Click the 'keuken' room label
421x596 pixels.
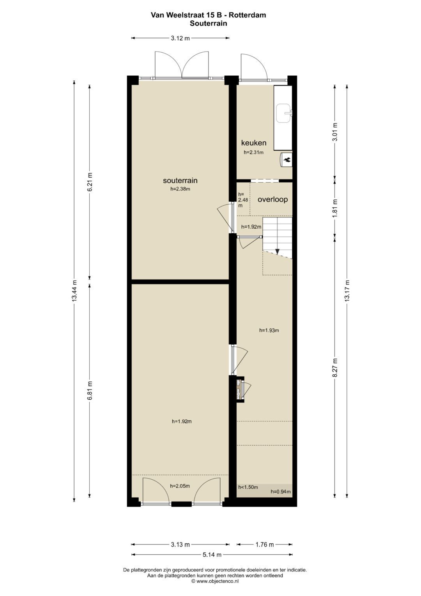click(x=253, y=143)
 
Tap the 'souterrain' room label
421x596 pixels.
click(x=180, y=180)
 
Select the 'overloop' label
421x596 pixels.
click(x=272, y=199)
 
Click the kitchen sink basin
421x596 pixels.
click(x=283, y=113)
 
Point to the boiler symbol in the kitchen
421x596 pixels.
click(x=287, y=159)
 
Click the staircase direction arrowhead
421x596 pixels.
click(x=277, y=252)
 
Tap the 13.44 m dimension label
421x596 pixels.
click(x=74, y=291)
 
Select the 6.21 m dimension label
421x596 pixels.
click(x=90, y=181)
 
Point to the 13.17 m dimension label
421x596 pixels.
click(x=347, y=291)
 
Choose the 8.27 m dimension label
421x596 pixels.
click(x=334, y=367)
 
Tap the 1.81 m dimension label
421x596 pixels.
click(x=334, y=208)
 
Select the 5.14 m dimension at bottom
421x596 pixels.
click(x=212, y=555)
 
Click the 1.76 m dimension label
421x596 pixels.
click(x=264, y=544)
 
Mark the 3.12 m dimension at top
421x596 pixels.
click(x=180, y=38)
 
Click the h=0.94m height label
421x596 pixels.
click(x=281, y=492)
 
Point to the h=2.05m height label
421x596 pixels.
click(x=180, y=486)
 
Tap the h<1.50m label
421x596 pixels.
click(x=248, y=487)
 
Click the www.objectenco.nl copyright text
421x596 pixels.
click(x=215, y=581)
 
